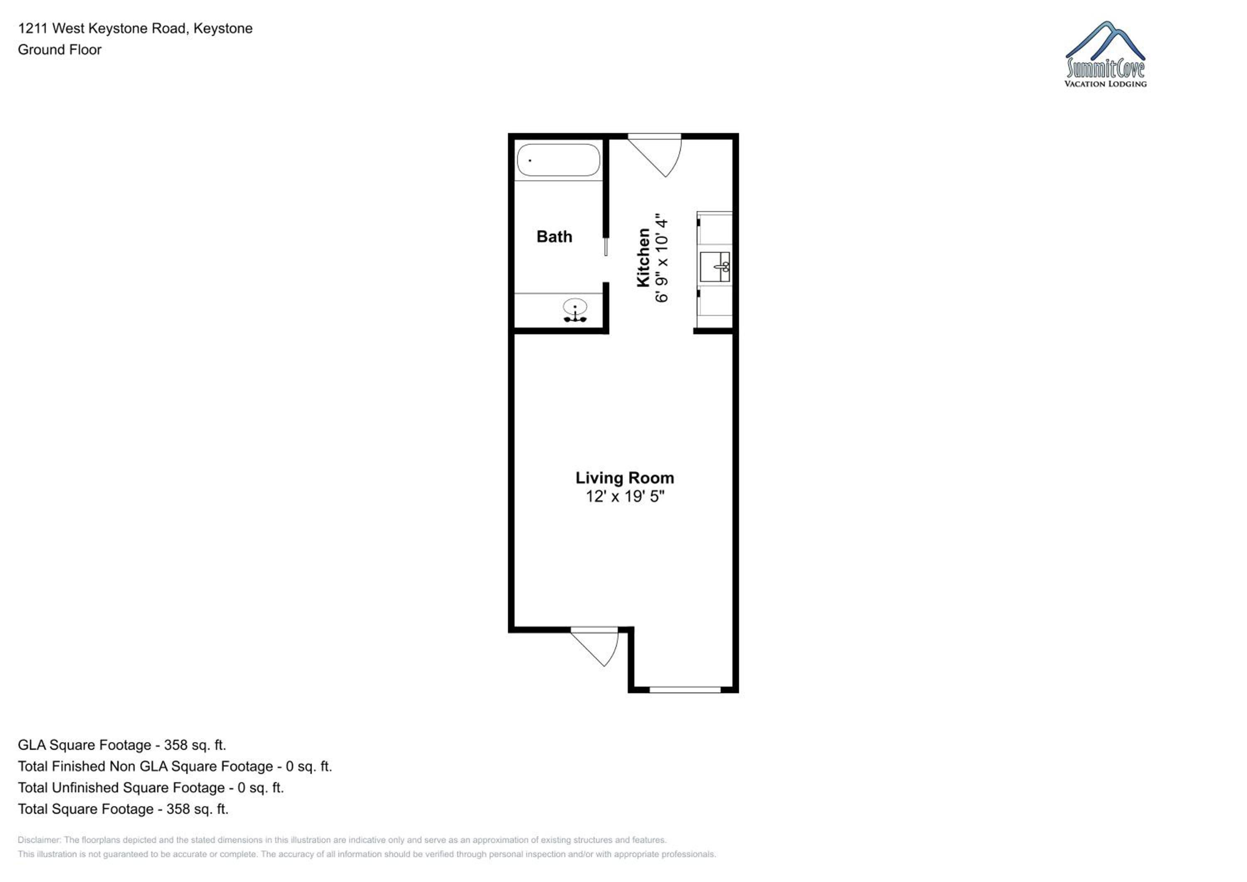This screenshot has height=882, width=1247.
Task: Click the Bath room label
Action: click(554, 237)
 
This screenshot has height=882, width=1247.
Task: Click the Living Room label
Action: click(625, 478)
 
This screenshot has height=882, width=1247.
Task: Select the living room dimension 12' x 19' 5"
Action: click(625, 496)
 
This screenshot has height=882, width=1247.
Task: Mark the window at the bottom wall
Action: click(685, 690)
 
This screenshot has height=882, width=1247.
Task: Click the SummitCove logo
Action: click(1105, 54)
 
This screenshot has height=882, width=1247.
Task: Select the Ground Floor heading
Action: click(60, 49)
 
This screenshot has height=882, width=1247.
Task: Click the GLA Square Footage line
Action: click(122, 745)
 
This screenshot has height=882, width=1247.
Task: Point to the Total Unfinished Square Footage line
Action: click(150, 788)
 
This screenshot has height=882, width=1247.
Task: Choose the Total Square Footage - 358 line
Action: click(123, 809)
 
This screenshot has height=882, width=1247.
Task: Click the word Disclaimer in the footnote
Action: click(39, 840)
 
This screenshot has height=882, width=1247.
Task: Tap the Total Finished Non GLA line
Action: click(174, 766)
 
